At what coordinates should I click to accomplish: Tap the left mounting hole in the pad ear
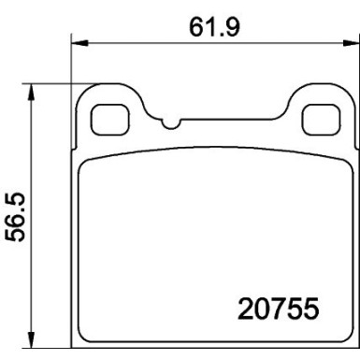[x=110, y=117]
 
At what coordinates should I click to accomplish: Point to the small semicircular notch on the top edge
[x=168, y=122]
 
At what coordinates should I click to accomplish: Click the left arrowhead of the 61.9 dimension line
[x=79, y=42]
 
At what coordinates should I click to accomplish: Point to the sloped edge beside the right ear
[x=285, y=108]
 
